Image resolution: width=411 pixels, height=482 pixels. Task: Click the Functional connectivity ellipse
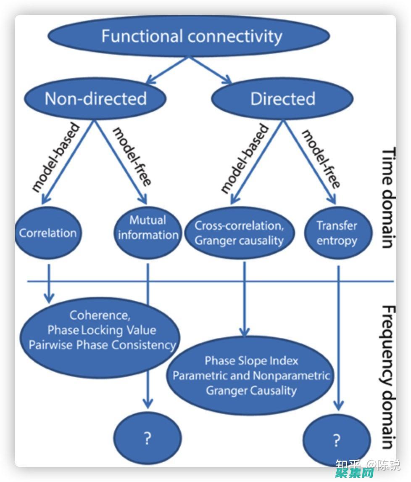click(x=189, y=36)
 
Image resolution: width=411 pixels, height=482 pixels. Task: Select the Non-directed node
click(x=95, y=99)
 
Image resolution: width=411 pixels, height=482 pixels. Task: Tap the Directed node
click(x=282, y=99)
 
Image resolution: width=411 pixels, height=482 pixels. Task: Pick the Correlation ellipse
click(x=48, y=233)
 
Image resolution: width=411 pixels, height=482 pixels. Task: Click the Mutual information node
click(x=148, y=228)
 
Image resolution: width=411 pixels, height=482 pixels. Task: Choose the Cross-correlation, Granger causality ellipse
click(x=239, y=233)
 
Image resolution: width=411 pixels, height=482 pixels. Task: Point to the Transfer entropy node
click(x=337, y=233)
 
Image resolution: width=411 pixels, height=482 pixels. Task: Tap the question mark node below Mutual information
click(x=147, y=439)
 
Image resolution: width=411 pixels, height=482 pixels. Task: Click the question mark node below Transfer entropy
click(x=336, y=441)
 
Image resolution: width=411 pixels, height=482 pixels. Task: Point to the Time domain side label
click(x=388, y=198)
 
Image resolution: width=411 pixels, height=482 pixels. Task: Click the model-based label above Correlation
click(x=55, y=158)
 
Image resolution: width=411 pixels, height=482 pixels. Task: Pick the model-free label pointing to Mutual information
click(x=132, y=156)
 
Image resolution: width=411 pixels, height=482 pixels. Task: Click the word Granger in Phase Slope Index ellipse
click(x=225, y=390)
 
